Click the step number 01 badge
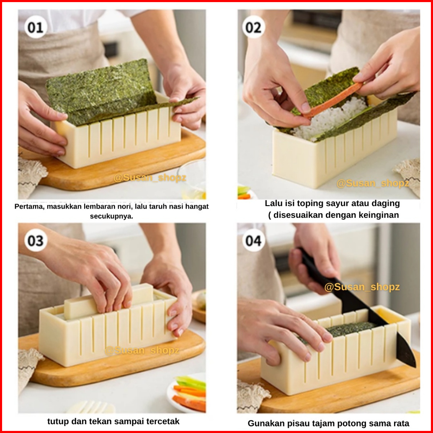tap(36, 27)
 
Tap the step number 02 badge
tap(253, 27)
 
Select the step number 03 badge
tap(36, 240)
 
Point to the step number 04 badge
tap(253, 240)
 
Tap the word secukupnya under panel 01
tap(111, 216)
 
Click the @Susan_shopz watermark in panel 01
tap(150, 178)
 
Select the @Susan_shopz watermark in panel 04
tap(362, 287)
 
